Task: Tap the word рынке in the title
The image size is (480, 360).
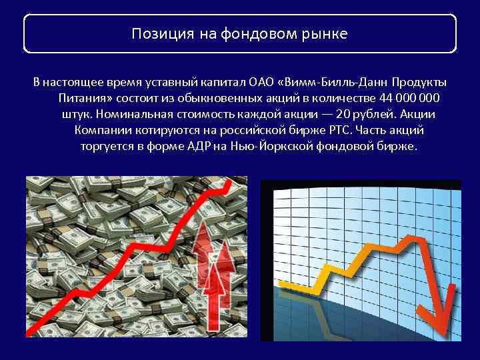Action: (326, 34)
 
